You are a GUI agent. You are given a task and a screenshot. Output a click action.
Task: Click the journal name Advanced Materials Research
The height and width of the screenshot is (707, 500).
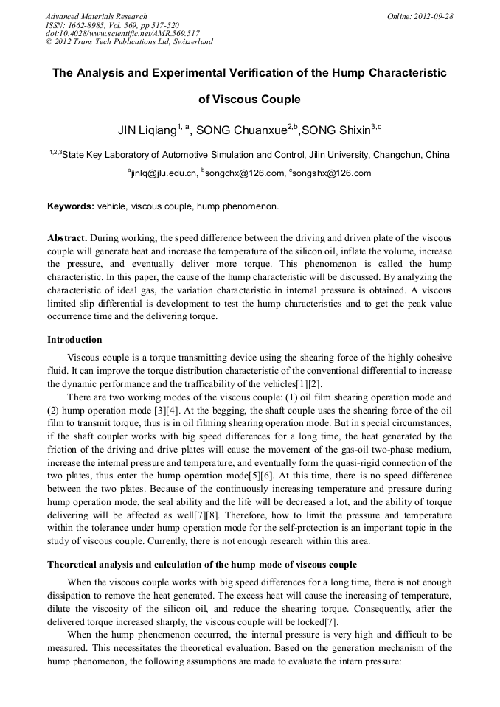point(96,16)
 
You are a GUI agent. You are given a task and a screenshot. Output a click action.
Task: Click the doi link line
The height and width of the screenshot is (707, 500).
point(122,33)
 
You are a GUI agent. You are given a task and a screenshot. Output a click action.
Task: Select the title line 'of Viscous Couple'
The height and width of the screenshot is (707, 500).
point(249,99)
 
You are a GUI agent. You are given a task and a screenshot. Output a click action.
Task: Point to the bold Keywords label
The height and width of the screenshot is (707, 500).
point(71,206)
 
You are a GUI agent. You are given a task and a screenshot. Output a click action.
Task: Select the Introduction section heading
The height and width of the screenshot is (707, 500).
point(74,340)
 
